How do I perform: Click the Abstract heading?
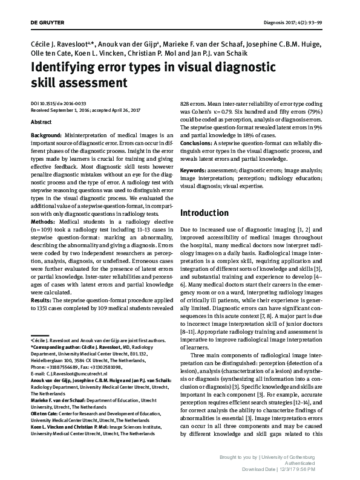41,121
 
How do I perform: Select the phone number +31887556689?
62,367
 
